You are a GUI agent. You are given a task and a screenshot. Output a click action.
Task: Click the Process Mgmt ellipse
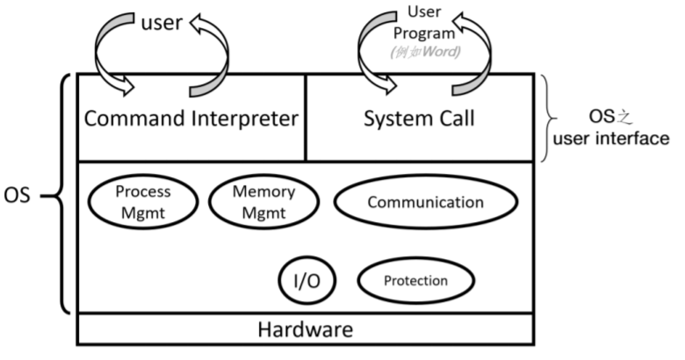coord(130,202)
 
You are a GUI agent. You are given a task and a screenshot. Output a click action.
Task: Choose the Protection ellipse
coord(415,281)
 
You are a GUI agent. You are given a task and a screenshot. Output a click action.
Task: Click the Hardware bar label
coord(305,330)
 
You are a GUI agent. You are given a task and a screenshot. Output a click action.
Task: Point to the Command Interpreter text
coord(190,119)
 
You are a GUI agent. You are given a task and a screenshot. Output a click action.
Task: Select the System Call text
coord(419,119)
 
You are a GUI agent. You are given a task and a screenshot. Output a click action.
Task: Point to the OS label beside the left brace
coord(18,194)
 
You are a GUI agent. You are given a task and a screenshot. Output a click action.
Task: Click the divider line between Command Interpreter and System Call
coord(305,118)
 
